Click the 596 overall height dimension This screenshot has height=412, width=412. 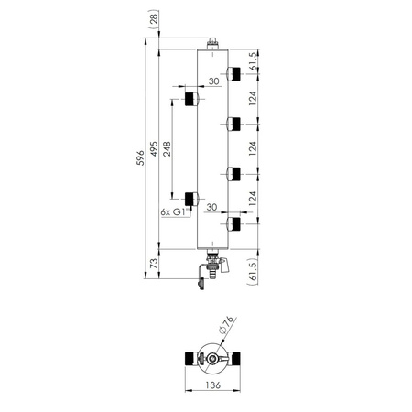[x=140, y=157]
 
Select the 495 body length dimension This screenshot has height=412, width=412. [x=155, y=148]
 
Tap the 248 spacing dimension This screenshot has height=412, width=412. [x=167, y=148]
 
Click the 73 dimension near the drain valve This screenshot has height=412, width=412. [x=155, y=263]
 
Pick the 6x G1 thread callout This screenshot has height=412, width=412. [x=173, y=211]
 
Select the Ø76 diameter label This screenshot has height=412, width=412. [x=226, y=324]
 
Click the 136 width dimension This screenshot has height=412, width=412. [x=212, y=385]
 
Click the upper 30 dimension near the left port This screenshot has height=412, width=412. [x=214, y=81]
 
